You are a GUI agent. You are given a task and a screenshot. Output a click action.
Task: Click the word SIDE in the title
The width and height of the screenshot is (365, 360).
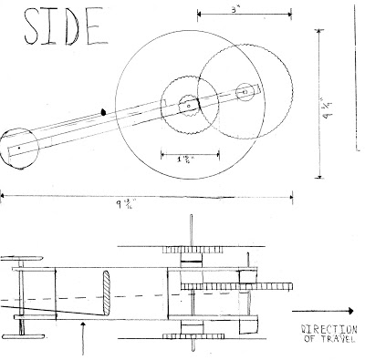click(56, 28)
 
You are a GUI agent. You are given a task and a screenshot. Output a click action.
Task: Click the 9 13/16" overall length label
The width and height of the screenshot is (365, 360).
click(148, 203)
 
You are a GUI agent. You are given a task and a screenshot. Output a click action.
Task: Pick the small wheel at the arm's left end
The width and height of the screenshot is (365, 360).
click(18, 146)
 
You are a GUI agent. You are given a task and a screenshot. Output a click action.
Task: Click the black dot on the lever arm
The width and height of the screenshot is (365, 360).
click(104, 112)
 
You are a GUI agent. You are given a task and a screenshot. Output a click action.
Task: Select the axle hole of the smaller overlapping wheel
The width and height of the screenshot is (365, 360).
click(245, 91)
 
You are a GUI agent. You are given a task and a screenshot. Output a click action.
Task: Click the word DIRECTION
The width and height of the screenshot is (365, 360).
click(328, 329)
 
